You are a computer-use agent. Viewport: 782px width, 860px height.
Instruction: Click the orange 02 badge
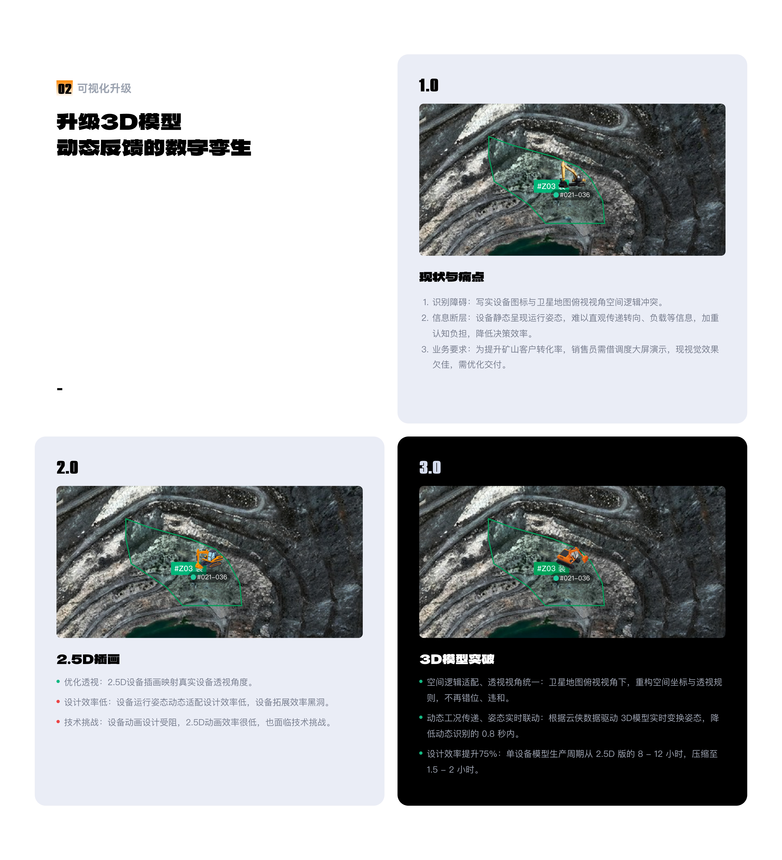(64, 88)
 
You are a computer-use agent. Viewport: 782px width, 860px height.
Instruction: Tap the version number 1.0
(428, 85)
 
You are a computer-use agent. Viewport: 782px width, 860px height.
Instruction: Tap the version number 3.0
(430, 467)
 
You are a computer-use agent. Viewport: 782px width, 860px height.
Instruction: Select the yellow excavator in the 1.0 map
(572, 174)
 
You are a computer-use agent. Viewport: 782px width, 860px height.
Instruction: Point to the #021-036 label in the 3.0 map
(574, 578)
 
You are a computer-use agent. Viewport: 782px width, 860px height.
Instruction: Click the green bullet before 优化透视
(58, 682)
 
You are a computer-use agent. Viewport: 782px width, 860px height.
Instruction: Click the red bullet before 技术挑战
(58, 722)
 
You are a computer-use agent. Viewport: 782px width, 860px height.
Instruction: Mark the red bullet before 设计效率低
(58, 702)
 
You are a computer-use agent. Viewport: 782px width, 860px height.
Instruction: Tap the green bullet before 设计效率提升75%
(421, 753)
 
